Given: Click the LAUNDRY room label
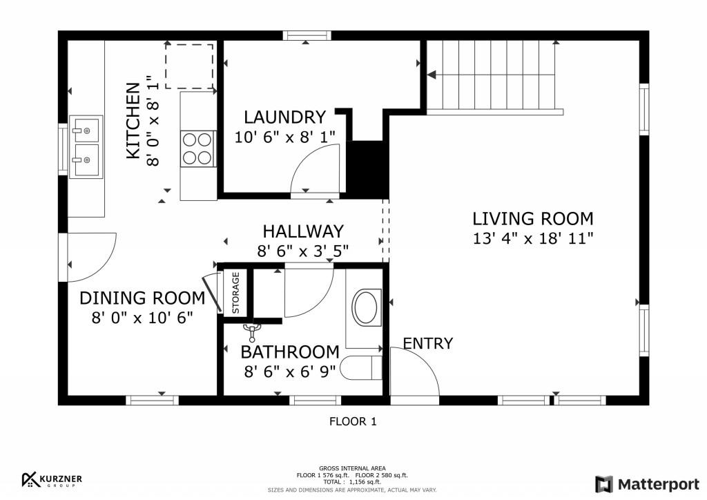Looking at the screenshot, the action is (x=284, y=117).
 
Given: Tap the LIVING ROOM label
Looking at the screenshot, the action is (x=532, y=219).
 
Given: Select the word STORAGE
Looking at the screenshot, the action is (x=236, y=293).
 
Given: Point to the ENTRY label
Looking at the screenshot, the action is (x=427, y=343).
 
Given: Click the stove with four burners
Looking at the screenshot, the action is (x=198, y=148).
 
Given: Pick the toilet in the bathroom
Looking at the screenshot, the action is (x=361, y=367).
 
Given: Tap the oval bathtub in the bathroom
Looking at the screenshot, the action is (x=366, y=308).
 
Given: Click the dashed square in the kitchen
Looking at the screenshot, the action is (x=189, y=66).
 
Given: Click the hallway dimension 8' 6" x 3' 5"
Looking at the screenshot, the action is (x=303, y=251).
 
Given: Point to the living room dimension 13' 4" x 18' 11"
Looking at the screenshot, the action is (x=532, y=238).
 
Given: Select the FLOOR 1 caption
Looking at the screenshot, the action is (x=353, y=421).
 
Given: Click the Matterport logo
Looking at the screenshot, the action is (x=648, y=484).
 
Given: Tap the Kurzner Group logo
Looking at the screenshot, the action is (x=52, y=480).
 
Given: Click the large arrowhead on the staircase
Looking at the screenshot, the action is (x=432, y=75).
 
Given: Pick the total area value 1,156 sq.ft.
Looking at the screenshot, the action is (x=365, y=482).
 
